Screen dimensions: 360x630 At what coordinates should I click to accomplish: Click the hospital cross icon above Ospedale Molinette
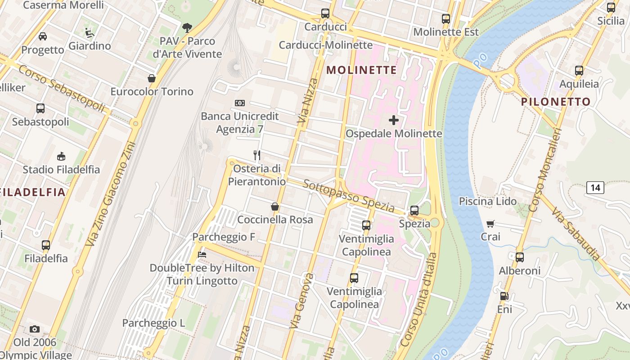point(394,120)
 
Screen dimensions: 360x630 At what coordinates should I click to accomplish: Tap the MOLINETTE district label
point(362,70)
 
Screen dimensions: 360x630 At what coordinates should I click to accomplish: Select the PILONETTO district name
point(556,102)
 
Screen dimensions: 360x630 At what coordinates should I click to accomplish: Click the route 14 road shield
point(595,188)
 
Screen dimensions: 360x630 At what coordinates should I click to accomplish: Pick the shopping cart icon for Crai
point(490,224)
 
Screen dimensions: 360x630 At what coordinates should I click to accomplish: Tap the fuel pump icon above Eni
point(504,296)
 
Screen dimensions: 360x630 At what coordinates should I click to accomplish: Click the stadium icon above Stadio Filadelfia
point(61,156)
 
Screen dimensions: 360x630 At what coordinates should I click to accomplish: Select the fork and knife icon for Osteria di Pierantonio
point(257,155)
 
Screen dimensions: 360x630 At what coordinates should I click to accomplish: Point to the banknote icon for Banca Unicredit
point(240,103)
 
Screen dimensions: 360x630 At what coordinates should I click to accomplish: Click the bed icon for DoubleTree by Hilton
point(202,255)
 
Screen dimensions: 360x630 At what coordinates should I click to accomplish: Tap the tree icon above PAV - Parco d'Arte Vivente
point(187,28)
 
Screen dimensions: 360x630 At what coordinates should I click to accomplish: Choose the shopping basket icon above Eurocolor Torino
point(152,78)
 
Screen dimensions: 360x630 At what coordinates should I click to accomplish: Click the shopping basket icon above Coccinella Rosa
point(275,207)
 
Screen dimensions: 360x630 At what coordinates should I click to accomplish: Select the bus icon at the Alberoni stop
point(520,257)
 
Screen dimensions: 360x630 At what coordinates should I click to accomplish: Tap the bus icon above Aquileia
point(579,71)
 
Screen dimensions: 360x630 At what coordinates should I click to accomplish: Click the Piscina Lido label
point(488,201)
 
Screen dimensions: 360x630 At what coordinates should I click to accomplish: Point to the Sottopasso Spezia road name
point(349,197)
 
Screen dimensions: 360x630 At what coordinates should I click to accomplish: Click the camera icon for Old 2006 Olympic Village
point(35,329)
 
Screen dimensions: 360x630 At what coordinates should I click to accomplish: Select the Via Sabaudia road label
point(576,234)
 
